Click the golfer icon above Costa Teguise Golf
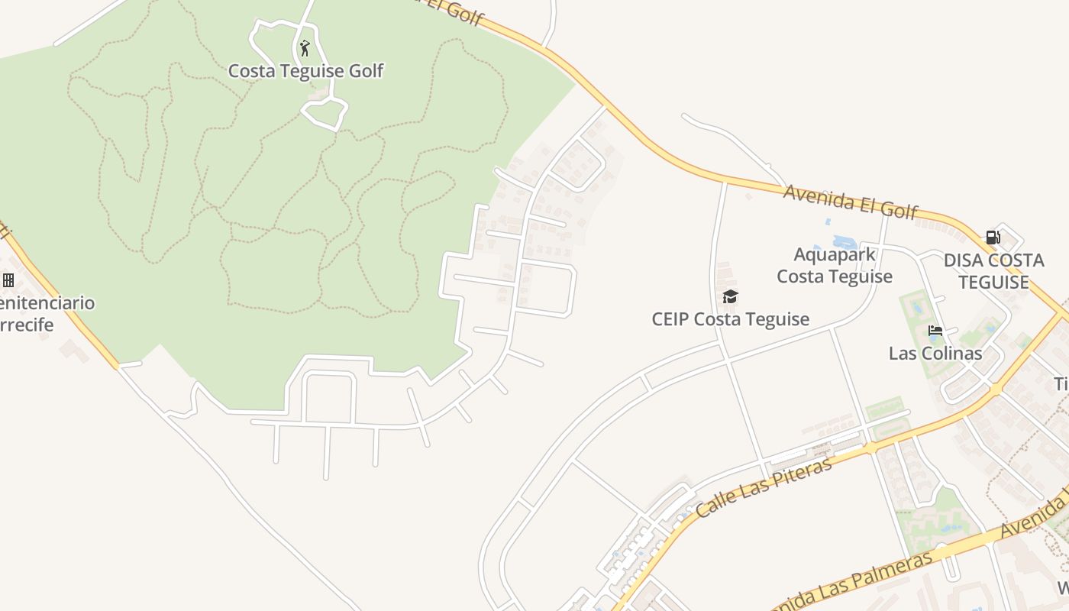coord(305,48)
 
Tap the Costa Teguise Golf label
coord(305,71)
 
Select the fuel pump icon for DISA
coord(993,238)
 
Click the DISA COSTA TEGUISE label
coord(993,271)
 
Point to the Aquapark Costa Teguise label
coord(835,265)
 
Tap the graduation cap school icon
coord(730,296)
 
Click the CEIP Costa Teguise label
coord(730,318)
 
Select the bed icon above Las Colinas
coord(935,331)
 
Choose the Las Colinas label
coord(935,354)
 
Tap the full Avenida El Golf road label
coord(850,202)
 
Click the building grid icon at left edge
coord(8,280)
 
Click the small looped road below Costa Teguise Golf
coord(325,113)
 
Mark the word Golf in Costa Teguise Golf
coord(365,71)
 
